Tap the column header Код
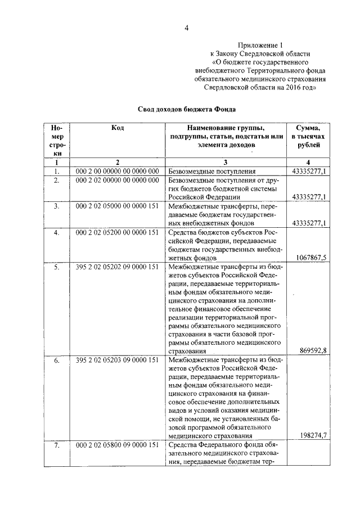(x=118, y=128)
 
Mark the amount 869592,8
(x=312, y=350)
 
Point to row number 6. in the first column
(x=56, y=359)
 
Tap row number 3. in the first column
(x=56, y=206)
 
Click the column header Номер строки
(x=56, y=141)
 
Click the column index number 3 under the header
(x=224, y=162)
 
